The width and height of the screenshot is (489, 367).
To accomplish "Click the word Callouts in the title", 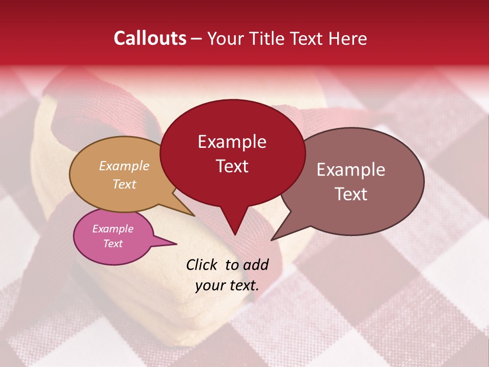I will pos(150,38).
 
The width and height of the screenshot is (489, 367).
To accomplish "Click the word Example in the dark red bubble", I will pos(232,142).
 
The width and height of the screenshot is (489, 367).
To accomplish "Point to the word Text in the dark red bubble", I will pos(232,166).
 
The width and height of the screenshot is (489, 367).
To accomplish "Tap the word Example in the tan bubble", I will pos(124,166).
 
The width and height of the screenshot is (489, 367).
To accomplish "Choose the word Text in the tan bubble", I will pos(124,184).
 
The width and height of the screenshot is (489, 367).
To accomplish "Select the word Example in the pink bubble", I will pos(113,229).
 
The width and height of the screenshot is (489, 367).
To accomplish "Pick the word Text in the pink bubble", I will pos(113,244).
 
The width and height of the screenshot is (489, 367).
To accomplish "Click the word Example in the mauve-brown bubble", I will pos(351,170).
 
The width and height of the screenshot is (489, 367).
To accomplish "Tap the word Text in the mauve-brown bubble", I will pos(351,194).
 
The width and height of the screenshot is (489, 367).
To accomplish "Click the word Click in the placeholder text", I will pos(203,265).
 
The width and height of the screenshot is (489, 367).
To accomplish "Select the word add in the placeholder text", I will pos(256,265).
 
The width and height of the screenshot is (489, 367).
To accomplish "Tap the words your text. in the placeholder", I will pos(227,285).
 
